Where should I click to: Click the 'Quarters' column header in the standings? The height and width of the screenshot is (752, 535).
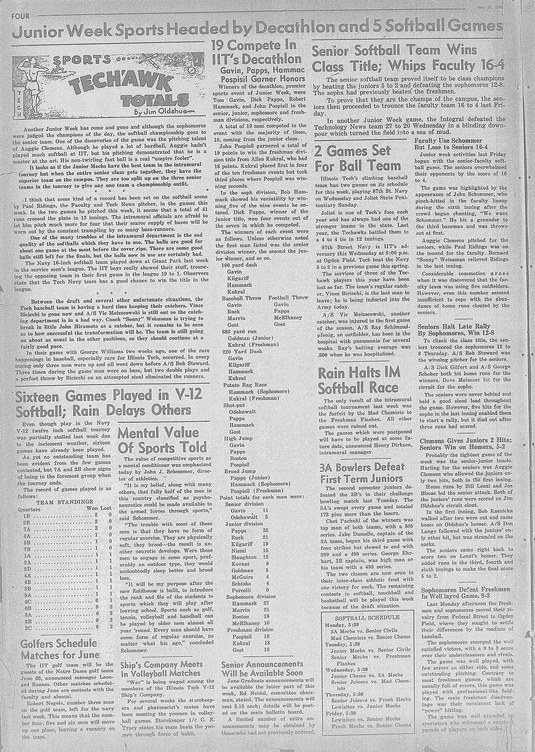coord(29,509)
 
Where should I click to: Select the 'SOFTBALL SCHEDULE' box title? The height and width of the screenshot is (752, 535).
coord(367,617)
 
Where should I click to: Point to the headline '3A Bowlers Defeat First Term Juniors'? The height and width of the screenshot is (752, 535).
coord(361,473)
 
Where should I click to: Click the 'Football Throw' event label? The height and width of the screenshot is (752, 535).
coord(288,298)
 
